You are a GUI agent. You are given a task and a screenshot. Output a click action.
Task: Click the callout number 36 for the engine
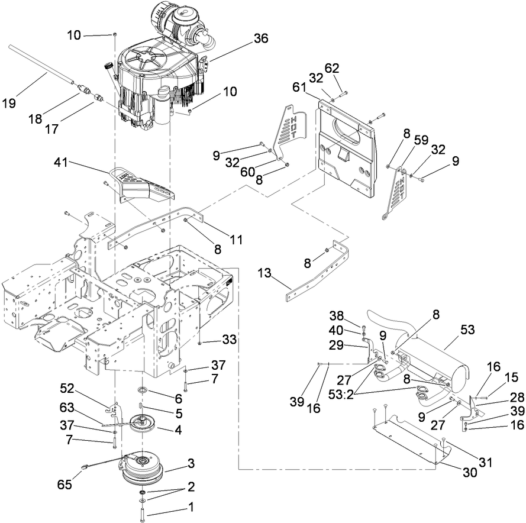click(261, 38)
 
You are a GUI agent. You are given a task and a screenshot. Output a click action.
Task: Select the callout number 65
click(64, 484)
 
